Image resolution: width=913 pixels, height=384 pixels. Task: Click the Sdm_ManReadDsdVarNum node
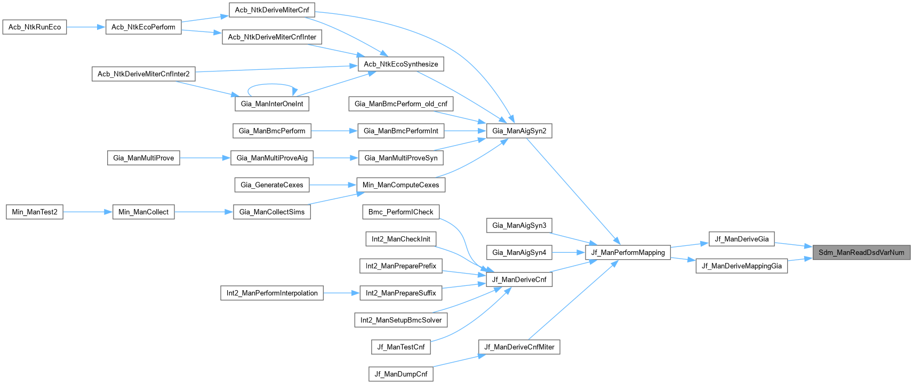(x=861, y=252)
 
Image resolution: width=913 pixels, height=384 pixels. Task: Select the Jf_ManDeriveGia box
(x=741, y=239)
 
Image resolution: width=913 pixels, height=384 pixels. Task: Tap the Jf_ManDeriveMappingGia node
(x=741, y=266)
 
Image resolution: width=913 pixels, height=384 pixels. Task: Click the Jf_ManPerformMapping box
(x=628, y=252)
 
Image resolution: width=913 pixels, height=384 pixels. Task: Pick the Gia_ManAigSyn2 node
(x=519, y=131)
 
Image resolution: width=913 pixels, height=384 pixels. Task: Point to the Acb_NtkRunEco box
(x=35, y=27)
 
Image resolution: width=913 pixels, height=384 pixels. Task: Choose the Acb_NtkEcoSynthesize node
(x=401, y=64)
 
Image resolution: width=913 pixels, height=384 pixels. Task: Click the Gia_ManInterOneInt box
(x=271, y=103)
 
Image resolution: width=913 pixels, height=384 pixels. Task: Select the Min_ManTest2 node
(x=35, y=212)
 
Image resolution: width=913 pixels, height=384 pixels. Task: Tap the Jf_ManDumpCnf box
(x=401, y=374)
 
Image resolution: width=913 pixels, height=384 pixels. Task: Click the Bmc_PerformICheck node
(x=401, y=212)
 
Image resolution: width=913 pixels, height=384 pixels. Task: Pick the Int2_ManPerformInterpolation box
(x=271, y=293)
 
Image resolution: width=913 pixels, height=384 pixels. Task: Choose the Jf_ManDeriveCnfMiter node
(x=519, y=347)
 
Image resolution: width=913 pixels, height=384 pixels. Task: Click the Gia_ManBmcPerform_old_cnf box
(x=401, y=103)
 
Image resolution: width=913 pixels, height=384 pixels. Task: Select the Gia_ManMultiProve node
(x=143, y=158)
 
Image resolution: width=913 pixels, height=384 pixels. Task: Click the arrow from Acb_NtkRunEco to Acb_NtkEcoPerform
(x=86, y=27)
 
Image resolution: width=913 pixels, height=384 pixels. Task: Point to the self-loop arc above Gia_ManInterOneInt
(x=271, y=84)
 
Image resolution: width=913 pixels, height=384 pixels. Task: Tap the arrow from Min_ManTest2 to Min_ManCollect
(x=87, y=212)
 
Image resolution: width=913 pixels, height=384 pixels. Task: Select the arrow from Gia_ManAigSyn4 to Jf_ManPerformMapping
(x=568, y=252)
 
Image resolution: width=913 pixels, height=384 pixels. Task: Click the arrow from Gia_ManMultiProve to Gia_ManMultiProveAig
(x=205, y=158)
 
